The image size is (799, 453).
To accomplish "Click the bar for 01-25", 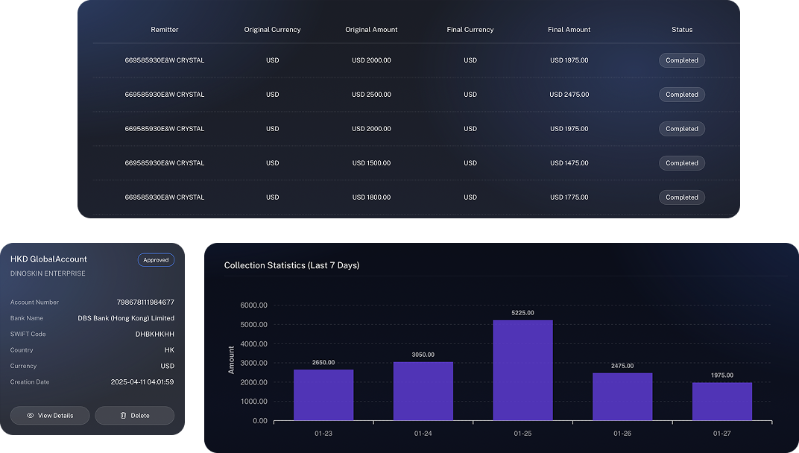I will pyautogui.click(x=522, y=370).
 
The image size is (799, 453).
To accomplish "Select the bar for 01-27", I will pyautogui.click(x=721, y=401).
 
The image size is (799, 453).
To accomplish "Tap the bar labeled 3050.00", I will pyautogui.click(x=423, y=391).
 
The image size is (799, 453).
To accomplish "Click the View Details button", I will pyautogui.click(x=50, y=416).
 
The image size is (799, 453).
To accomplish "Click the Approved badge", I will pyautogui.click(x=156, y=260).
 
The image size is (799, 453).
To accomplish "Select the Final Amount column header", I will pyautogui.click(x=569, y=30).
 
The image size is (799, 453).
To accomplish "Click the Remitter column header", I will pyautogui.click(x=165, y=30).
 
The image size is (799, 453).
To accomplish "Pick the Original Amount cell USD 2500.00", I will pyautogui.click(x=371, y=95).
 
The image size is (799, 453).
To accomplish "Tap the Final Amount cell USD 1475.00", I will pyautogui.click(x=569, y=163).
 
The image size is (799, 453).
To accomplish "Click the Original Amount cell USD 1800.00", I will pyautogui.click(x=371, y=197).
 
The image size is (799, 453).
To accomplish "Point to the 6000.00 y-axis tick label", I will pyautogui.click(x=253, y=305).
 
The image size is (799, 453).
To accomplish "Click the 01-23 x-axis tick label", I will pyautogui.click(x=323, y=433).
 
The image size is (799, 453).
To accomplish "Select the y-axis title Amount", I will pyautogui.click(x=232, y=360).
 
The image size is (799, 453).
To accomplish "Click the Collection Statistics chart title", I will pyautogui.click(x=291, y=265).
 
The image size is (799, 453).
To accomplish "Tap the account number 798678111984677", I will pyautogui.click(x=145, y=302).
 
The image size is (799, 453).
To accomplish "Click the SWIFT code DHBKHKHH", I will pyautogui.click(x=155, y=335).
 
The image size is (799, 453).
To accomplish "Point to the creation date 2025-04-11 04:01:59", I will pyautogui.click(x=142, y=382).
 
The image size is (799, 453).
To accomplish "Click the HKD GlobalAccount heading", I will pyautogui.click(x=48, y=259).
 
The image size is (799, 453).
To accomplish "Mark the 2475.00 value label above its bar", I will pyautogui.click(x=622, y=366).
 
